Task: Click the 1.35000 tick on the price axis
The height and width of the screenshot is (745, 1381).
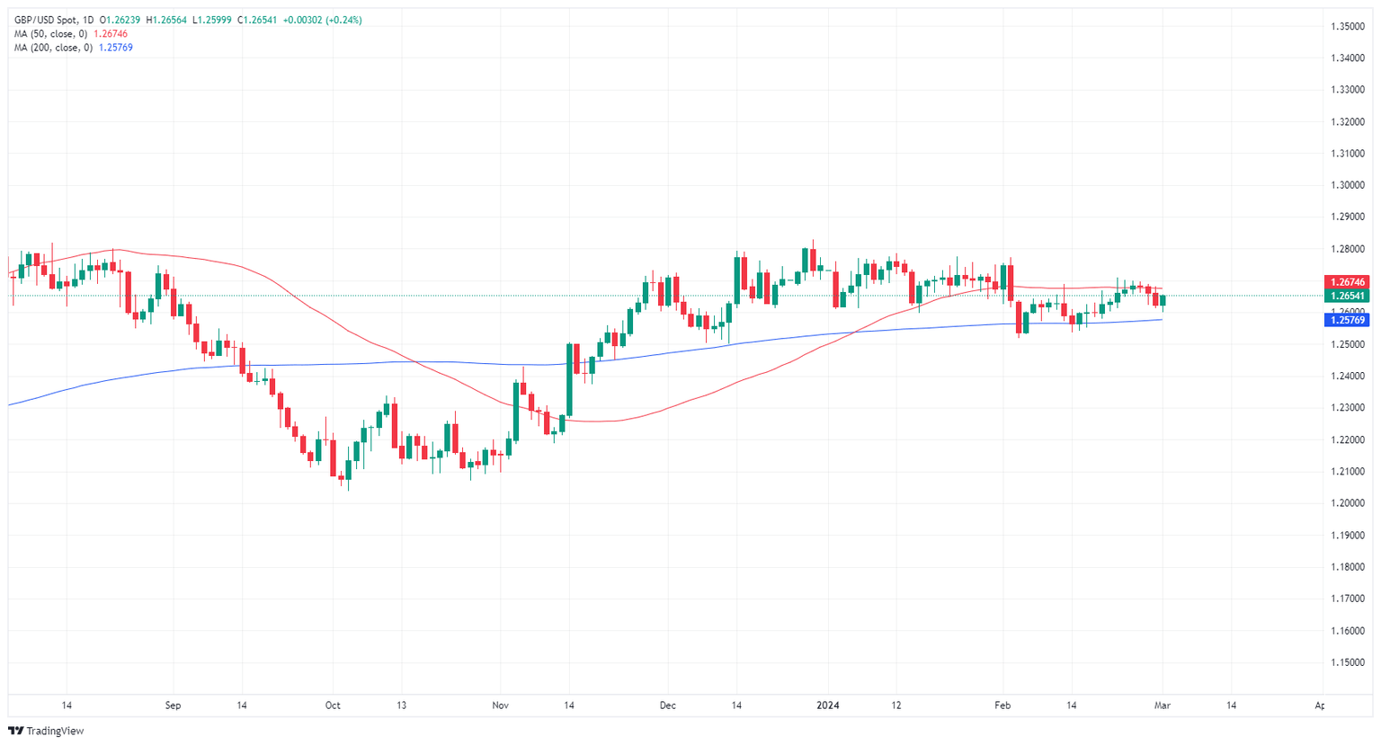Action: [x=1349, y=26]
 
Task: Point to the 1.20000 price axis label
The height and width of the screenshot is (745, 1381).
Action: [x=1349, y=503]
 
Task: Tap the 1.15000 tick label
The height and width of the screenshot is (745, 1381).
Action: [x=1349, y=662]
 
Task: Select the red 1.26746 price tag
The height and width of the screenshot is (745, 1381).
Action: [x=1348, y=282]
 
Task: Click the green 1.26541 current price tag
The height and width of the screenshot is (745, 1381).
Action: [x=1348, y=296]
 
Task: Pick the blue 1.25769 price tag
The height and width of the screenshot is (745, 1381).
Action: [x=1348, y=320]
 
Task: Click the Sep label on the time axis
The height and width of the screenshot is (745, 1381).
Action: [x=173, y=705]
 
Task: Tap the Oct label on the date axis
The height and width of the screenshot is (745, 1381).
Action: [x=333, y=705]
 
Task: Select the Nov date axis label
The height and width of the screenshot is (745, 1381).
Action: [x=501, y=705]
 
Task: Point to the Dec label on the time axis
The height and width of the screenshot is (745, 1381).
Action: [x=667, y=705]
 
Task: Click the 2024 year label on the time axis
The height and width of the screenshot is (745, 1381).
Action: [x=827, y=705]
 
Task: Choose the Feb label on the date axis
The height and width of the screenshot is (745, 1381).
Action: [x=1002, y=705]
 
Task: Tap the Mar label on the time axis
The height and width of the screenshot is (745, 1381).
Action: [x=1163, y=705]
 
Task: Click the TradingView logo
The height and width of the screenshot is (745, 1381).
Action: [x=46, y=731]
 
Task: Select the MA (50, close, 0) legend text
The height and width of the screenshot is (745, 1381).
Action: [x=50, y=34]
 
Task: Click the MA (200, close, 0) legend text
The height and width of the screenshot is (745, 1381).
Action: [x=53, y=48]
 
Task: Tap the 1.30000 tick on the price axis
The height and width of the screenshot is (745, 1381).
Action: [x=1349, y=185]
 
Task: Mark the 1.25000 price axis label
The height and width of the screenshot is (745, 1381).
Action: [x=1349, y=344]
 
